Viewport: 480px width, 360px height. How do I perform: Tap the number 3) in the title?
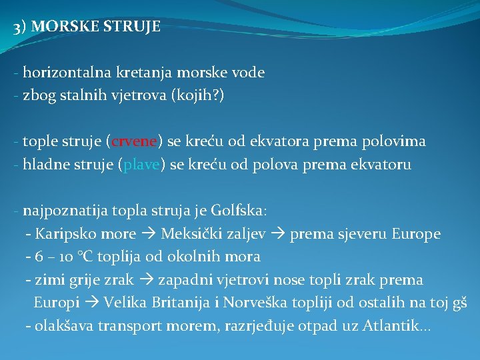tap(20, 27)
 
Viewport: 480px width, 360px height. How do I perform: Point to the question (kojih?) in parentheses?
tap(199, 95)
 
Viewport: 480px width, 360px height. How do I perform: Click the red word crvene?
tap(134, 141)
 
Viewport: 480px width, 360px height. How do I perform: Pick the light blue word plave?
tap(140, 165)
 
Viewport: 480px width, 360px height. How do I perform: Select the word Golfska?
tap(237, 211)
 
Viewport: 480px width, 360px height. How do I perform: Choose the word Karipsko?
tap(64, 234)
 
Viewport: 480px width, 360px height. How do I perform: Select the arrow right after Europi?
tap(91, 303)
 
